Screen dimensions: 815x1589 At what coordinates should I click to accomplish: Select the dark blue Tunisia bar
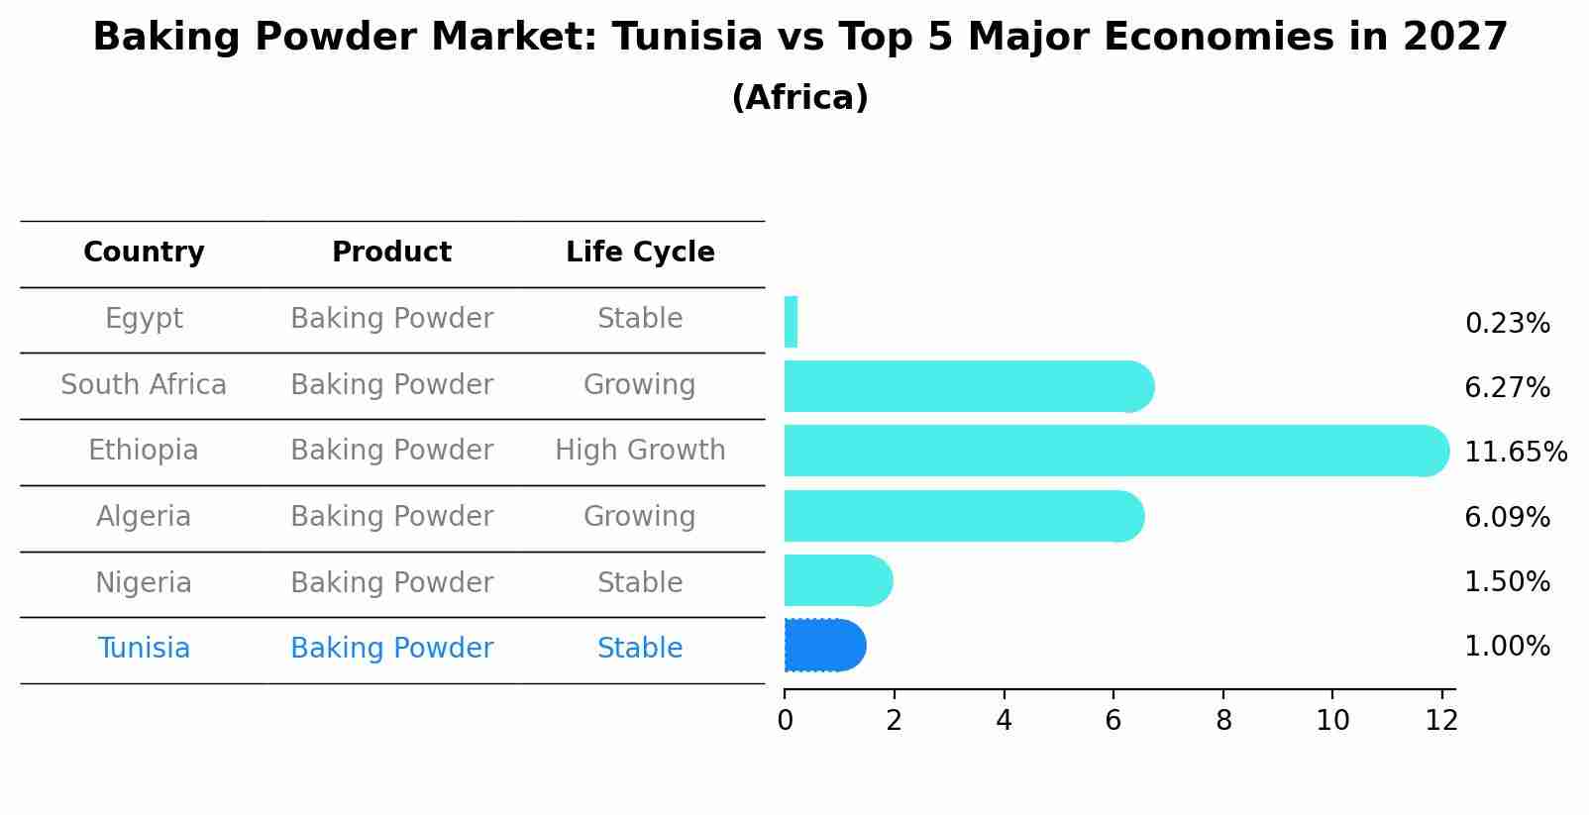click(824, 646)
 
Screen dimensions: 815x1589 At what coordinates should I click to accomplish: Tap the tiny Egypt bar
click(791, 322)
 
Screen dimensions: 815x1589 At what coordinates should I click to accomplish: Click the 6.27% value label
click(1507, 387)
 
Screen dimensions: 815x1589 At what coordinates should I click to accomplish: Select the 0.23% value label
click(1507, 323)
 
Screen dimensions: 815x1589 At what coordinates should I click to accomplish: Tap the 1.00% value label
click(1507, 647)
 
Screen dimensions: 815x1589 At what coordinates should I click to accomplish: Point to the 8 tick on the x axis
click(1223, 721)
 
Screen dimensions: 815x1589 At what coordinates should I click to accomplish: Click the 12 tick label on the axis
click(1441, 721)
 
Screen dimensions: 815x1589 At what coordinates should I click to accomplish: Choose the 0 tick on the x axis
click(785, 721)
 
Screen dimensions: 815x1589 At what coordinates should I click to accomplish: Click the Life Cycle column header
click(640, 253)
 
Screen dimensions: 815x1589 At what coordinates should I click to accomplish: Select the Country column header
click(144, 253)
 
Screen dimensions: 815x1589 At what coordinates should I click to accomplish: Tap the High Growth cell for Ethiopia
click(640, 451)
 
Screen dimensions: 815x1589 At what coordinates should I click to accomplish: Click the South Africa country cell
click(144, 384)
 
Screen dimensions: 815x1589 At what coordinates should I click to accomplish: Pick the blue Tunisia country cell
click(144, 649)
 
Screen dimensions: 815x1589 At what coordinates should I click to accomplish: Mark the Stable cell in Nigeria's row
click(640, 582)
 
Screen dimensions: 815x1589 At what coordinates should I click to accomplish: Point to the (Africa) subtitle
click(799, 98)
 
